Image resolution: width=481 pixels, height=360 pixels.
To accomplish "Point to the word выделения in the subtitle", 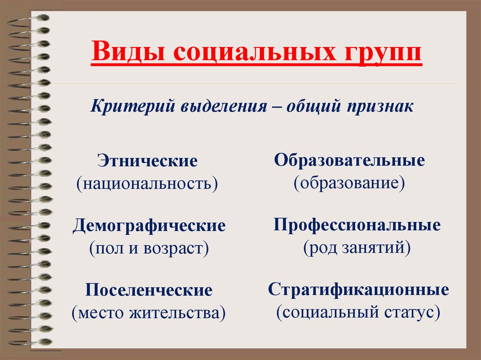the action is point(224,107).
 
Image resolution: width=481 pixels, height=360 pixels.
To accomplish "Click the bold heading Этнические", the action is point(147,161).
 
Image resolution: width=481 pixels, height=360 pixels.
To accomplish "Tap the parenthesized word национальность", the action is point(147,184).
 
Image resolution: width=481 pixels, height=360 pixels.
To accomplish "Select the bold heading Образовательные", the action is point(349,160).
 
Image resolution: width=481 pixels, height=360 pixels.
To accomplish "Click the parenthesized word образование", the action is point(349,184).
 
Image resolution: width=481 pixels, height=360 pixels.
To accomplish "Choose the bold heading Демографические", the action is point(149,226).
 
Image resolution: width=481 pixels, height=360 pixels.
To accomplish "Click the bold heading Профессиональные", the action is point(357,225).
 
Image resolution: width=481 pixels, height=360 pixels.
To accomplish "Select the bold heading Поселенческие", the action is point(149,290).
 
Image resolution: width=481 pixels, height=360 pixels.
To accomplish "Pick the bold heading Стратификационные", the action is point(358,290).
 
